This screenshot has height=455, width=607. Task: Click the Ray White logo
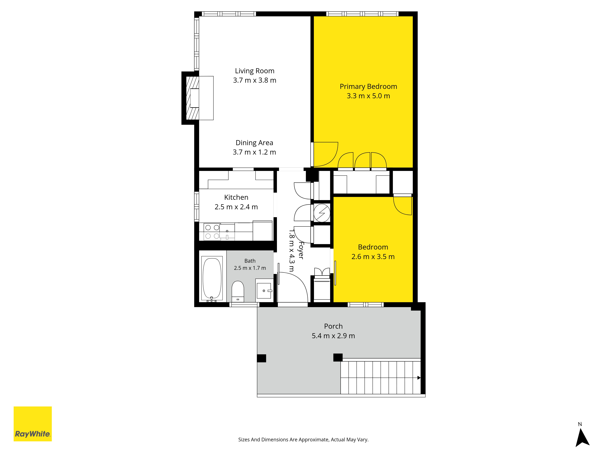tap(33, 424)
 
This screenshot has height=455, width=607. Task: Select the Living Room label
tap(255, 71)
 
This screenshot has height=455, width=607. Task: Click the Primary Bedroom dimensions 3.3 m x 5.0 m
tap(368, 96)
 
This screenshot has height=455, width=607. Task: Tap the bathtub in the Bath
tap(212, 278)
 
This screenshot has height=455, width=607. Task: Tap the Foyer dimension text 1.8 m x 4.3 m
tap(291, 250)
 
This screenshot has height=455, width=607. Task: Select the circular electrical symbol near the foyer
tap(322, 213)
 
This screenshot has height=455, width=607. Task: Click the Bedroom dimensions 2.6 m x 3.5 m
tap(373, 257)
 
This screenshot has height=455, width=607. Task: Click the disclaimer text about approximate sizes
tap(303, 440)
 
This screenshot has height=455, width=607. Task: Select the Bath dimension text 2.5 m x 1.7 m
tap(250, 268)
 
